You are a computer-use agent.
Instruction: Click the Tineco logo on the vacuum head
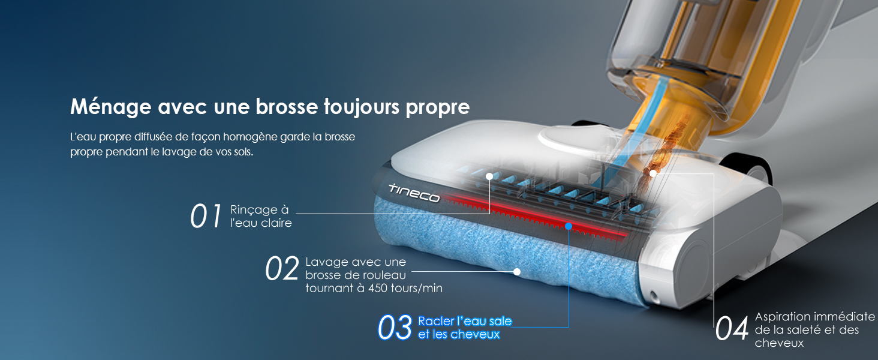[x=414, y=193]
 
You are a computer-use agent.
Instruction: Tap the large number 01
[x=206, y=216]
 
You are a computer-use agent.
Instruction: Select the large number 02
[x=281, y=269]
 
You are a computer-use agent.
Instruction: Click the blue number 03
[x=395, y=328]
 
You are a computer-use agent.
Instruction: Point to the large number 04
[x=732, y=329]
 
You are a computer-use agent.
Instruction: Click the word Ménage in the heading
[x=110, y=107]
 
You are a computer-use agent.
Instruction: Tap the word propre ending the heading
[x=437, y=108]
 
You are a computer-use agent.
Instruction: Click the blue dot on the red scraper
[x=569, y=226]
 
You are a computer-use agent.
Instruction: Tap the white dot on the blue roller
[x=517, y=271]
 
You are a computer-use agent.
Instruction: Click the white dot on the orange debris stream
[x=653, y=173]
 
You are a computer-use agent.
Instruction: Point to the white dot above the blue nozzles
[x=489, y=176]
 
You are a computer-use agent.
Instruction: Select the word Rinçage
[x=254, y=210]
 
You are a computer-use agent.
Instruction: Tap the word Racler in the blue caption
[x=436, y=321]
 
